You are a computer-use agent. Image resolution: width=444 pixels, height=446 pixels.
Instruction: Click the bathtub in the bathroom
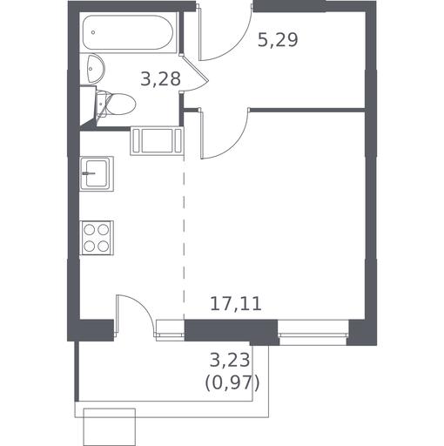[128, 32]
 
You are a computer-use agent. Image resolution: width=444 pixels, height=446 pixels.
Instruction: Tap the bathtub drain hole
[93, 32]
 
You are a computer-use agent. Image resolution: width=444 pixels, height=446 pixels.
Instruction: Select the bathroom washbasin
[95, 68]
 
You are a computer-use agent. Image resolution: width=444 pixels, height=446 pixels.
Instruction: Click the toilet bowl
[120, 104]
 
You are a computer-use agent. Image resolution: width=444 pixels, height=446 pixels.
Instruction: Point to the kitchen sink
[97, 173]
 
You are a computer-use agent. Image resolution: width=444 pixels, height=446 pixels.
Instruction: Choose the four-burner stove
[97, 238]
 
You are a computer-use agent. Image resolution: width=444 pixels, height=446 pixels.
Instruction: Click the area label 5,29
[278, 40]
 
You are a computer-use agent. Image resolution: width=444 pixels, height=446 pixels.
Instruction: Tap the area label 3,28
[160, 78]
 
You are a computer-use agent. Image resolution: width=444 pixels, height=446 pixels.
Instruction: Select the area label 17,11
[236, 304]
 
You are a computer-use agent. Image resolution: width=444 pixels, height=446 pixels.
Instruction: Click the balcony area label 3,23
[230, 360]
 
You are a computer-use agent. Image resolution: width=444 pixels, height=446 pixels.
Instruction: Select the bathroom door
[195, 73]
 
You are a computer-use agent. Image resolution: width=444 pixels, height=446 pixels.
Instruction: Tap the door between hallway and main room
[224, 133]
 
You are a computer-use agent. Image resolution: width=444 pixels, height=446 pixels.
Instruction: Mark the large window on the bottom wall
[313, 333]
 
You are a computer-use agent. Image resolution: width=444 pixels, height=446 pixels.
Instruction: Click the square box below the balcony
[110, 427]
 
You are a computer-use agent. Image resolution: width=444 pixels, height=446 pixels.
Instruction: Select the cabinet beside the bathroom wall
[157, 141]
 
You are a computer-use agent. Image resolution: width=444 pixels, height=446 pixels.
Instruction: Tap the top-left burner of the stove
[89, 230]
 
